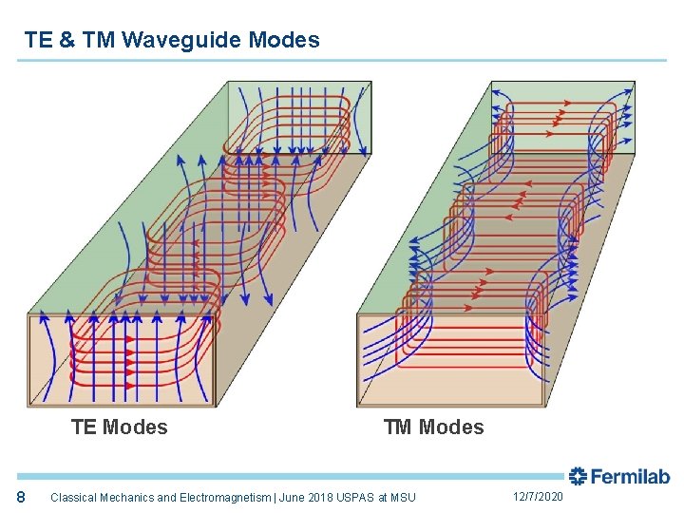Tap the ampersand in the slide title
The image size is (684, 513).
tap(66, 40)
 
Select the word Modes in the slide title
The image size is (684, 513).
tap(284, 40)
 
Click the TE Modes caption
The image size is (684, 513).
tap(119, 427)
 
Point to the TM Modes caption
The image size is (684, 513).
tap(433, 427)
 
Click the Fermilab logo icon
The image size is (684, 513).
tap(578, 476)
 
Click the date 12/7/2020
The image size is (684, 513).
tap(538, 497)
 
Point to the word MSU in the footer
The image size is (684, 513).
tap(403, 498)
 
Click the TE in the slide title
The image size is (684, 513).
tap(39, 40)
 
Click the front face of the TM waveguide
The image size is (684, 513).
tap(451, 361)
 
